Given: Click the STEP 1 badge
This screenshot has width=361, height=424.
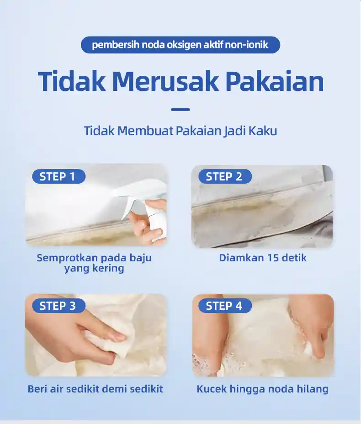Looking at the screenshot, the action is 58,176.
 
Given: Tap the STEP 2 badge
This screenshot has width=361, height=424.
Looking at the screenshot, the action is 225,176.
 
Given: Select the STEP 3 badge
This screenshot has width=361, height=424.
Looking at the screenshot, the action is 58,306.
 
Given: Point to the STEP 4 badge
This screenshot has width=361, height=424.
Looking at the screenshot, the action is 225,306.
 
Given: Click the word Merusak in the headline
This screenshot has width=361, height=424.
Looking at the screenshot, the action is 165,81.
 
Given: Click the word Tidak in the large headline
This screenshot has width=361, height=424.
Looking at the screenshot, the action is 72,81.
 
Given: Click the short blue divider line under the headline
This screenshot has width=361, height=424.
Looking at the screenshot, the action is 180,110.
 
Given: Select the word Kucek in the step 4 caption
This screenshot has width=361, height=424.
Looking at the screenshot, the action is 212,389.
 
